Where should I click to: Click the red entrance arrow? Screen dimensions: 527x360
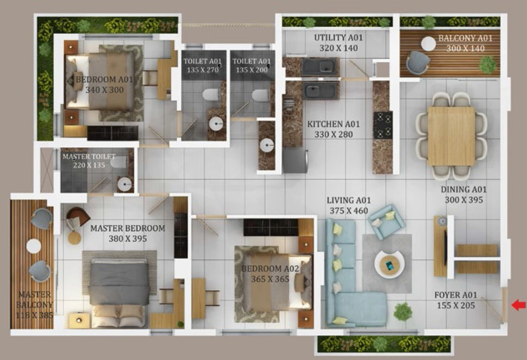point(519,305)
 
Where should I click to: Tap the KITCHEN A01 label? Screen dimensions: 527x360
point(333,124)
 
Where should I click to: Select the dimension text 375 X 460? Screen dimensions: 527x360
point(348,211)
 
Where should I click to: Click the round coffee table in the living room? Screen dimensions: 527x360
point(390,264)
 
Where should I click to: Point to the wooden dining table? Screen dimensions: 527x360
point(451,136)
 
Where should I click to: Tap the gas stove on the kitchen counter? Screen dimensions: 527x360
point(383,125)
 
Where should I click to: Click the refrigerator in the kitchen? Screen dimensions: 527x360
point(295,161)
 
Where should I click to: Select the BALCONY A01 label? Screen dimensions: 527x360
point(465,38)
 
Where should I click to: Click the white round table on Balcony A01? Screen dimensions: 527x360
point(429,44)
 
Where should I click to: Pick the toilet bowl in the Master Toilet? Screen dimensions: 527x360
point(118,163)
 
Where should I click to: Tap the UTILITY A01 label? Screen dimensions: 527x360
point(339,38)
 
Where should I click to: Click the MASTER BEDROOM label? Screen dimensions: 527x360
point(128,228)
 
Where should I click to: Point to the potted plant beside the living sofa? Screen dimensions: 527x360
point(402,311)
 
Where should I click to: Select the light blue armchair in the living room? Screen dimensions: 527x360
point(386,222)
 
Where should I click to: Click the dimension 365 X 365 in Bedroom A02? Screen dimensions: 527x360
point(270,279)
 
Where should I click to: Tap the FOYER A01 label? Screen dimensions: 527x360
point(456,295)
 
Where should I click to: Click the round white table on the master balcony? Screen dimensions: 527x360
point(33,246)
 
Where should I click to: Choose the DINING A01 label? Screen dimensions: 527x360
point(464,190)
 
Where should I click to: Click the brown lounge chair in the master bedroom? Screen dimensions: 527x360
point(78,216)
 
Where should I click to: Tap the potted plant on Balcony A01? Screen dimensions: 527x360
point(488,64)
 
